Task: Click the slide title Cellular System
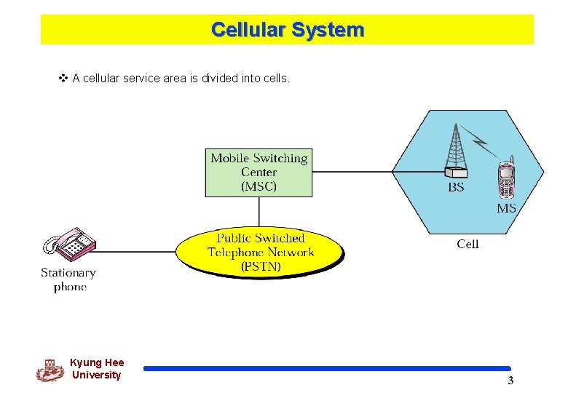(287, 30)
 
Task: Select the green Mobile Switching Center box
(259, 172)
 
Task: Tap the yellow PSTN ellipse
(260, 252)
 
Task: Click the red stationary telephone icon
(70, 245)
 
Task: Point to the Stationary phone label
(68, 279)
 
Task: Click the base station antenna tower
(456, 149)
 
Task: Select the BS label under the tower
(456, 188)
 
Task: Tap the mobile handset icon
(506, 178)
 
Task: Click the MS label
(506, 208)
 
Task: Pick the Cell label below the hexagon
(468, 244)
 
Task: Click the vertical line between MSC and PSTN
(259, 212)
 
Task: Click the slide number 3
(510, 381)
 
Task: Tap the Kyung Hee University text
(97, 369)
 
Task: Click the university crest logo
(50, 370)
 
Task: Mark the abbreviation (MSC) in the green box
(259, 186)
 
